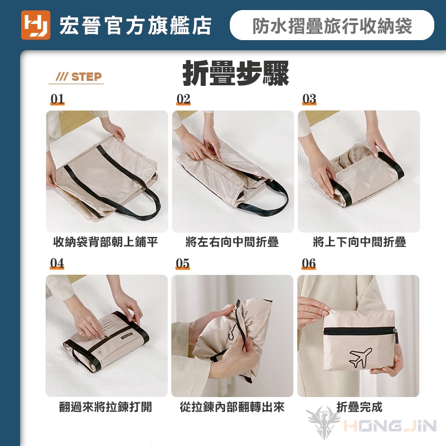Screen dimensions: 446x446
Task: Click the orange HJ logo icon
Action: coord(36,25)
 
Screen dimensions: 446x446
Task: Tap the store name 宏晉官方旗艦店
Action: coord(135,26)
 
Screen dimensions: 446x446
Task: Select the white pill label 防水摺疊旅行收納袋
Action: coord(332,25)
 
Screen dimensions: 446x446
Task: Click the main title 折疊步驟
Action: coord(236,73)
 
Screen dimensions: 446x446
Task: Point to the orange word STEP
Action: coord(86,77)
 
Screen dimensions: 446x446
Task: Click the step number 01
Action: coord(57,99)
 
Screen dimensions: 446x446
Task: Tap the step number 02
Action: coord(183,99)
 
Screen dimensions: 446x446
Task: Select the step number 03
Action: coord(309,99)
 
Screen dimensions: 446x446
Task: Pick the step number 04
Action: coord(57,263)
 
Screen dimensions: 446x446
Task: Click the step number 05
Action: coord(183,263)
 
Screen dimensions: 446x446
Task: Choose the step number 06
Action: coord(309,263)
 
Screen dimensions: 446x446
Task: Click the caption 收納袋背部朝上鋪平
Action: coord(105,242)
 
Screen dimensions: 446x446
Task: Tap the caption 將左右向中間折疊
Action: coord(232,242)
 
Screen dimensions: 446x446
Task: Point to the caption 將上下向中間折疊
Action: coord(359,242)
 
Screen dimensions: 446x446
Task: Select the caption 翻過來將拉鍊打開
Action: coord(105,407)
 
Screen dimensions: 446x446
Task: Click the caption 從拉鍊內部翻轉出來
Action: coord(232,407)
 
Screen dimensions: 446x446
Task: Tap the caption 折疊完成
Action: coord(359,407)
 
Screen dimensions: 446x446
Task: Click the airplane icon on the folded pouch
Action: coord(360,357)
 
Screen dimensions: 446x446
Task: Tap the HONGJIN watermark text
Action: coord(390,426)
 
